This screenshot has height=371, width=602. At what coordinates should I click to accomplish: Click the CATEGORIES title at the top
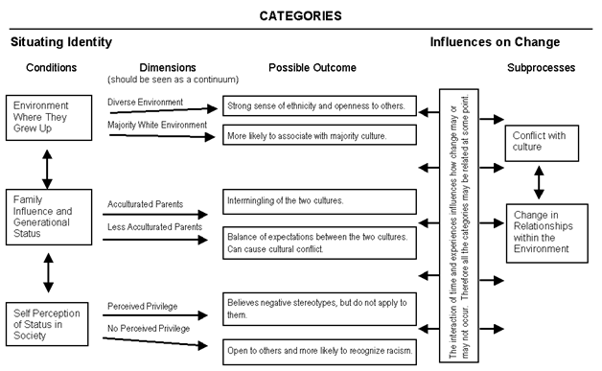point(301,15)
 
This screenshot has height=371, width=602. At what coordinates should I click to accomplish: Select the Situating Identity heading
point(61,42)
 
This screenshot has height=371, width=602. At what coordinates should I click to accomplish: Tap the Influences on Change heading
point(495,42)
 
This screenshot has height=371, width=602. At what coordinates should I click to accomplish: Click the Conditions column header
point(44,68)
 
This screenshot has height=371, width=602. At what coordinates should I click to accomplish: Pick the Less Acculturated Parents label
point(153,227)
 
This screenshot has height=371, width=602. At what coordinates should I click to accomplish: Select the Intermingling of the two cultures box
point(320,201)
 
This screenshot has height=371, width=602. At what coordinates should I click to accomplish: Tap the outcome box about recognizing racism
point(320,351)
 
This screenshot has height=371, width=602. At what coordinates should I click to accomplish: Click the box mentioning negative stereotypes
point(320,307)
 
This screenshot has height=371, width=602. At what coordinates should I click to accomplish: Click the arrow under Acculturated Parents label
point(158,216)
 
